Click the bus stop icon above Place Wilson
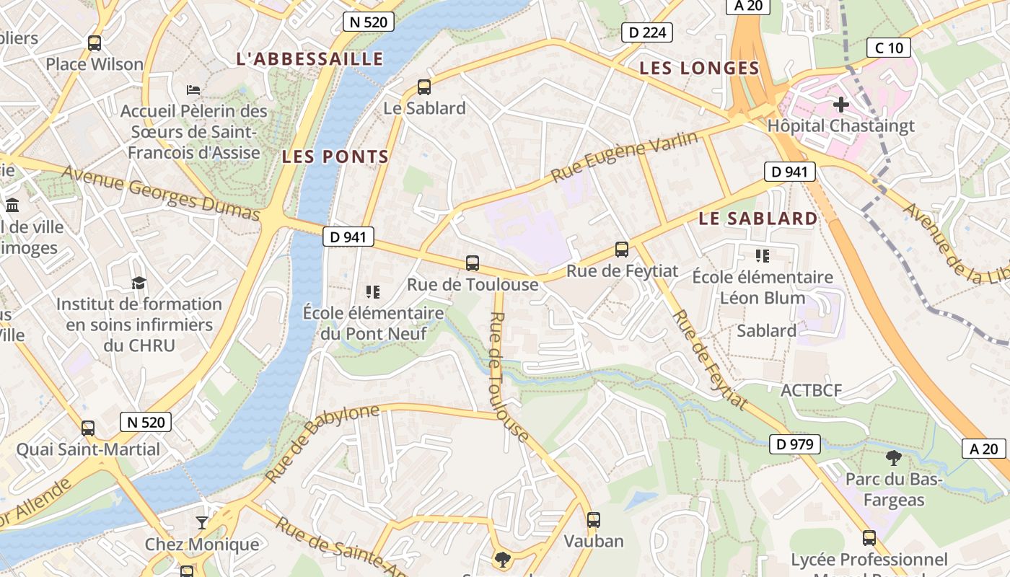(95, 43)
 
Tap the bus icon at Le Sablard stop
(424, 87)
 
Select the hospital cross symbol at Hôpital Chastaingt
(840, 105)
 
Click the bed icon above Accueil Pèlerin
(193, 90)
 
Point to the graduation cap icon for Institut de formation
(139, 283)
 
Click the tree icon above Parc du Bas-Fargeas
(894, 457)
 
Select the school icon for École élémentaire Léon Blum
(763, 256)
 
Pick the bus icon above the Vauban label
(593, 519)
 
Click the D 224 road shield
(647, 32)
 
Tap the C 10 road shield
(889, 48)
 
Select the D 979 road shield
(796, 444)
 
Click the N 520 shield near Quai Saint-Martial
(146, 422)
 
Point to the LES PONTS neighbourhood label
(335, 157)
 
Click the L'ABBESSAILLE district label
(310, 59)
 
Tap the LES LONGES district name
(700, 69)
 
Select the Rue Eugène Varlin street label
(625, 157)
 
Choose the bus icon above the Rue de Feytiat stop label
(622, 250)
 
